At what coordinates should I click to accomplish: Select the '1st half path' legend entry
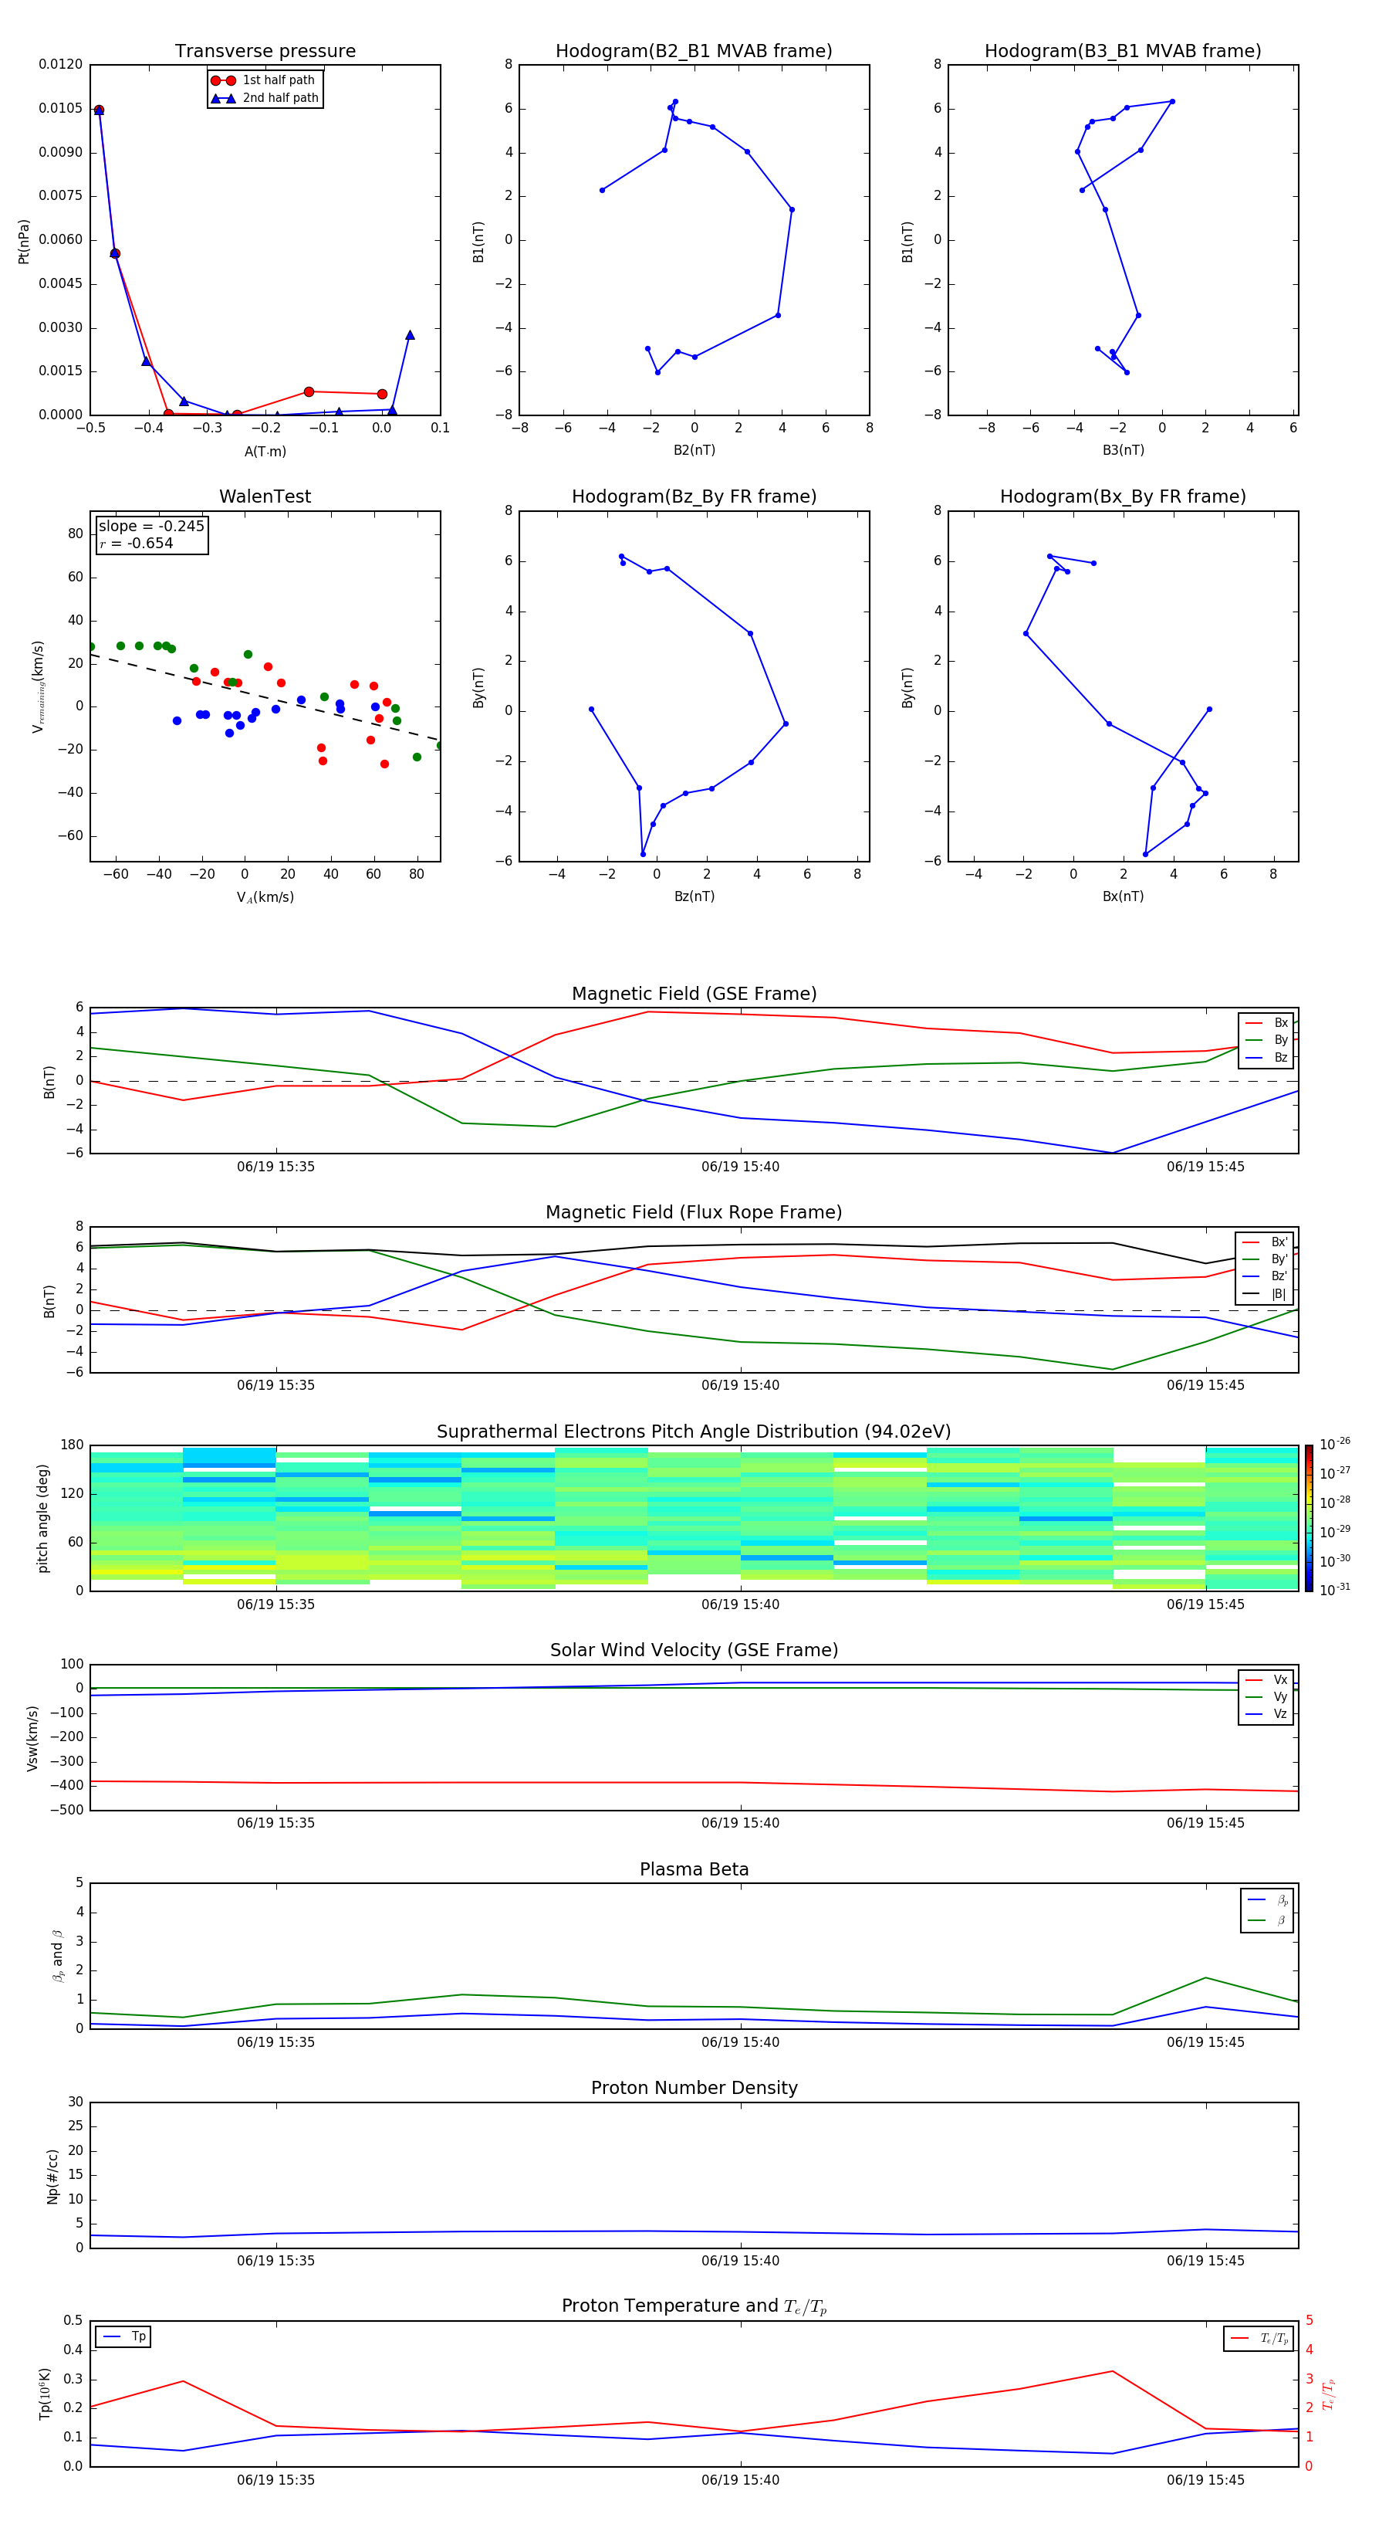[x=278, y=80]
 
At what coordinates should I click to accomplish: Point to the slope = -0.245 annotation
[x=151, y=527]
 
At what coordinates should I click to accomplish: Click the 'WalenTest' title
[x=265, y=496]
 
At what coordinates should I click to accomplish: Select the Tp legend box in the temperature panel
[x=124, y=2336]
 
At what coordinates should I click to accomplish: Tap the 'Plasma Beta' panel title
[x=694, y=1869]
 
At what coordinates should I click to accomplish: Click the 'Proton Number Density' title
[x=694, y=2088]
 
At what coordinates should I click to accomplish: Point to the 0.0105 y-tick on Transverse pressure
[x=60, y=108]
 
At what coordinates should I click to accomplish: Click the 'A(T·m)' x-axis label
[x=265, y=451]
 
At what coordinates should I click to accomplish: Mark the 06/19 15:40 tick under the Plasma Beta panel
[x=741, y=2041]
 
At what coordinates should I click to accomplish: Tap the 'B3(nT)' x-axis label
[x=1123, y=450]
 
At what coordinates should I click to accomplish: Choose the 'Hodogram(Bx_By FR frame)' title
[x=1123, y=496]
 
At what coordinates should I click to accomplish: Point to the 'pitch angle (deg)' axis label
[x=42, y=1517]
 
